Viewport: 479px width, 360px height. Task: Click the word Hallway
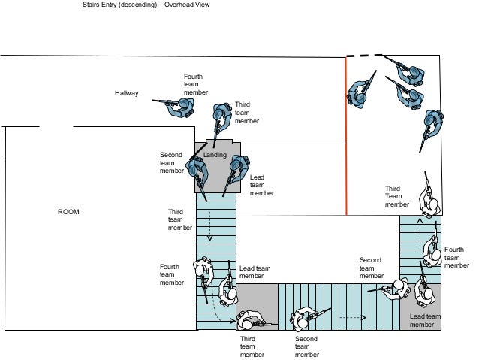(126, 93)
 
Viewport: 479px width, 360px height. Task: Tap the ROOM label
(68, 212)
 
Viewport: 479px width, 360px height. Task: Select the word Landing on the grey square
(215, 155)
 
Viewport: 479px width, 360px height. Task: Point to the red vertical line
(346, 135)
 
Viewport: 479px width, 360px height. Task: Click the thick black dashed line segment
(364, 55)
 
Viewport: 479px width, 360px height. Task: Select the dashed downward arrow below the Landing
(210, 222)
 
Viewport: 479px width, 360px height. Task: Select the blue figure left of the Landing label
(197, 168)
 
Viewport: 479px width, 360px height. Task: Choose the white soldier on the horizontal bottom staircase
(305, 319)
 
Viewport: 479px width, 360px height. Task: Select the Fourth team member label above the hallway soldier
(193, 85)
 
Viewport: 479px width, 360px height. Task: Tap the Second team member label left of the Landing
(171, 162)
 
